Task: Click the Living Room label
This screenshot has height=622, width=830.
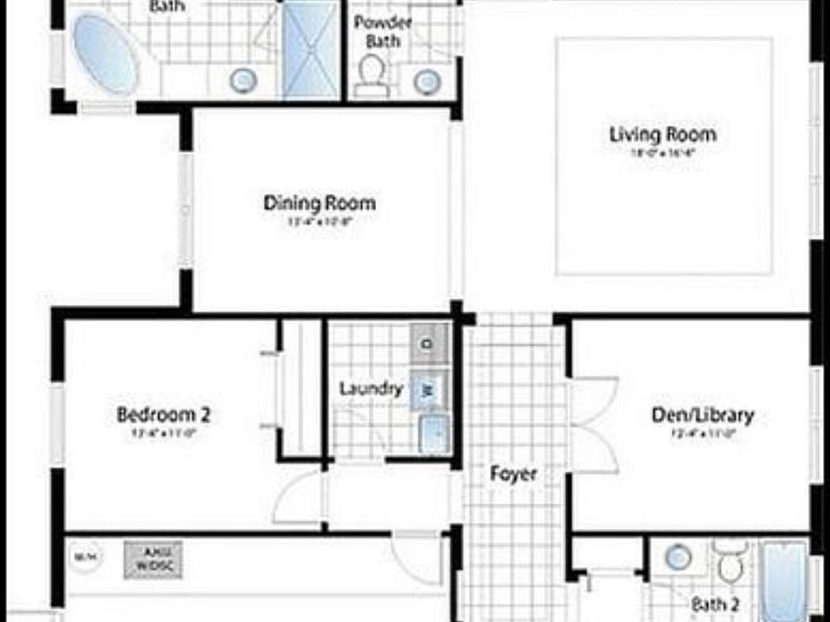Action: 662,135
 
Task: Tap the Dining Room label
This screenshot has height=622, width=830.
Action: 319,204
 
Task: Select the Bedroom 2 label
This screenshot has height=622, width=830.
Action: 163,415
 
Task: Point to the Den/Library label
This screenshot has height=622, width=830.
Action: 702,416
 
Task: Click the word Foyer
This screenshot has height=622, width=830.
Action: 514,473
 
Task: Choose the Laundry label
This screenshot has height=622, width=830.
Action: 371,389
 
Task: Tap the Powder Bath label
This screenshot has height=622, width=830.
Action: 382,31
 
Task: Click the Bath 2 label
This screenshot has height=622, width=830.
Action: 714,605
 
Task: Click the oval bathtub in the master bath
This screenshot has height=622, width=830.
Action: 105,54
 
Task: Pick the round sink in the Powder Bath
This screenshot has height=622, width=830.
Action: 427,81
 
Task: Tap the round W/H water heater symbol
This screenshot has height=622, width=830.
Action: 84,557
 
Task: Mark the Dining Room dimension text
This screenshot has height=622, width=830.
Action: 319,222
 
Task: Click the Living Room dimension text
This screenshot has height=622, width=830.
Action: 662,153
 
